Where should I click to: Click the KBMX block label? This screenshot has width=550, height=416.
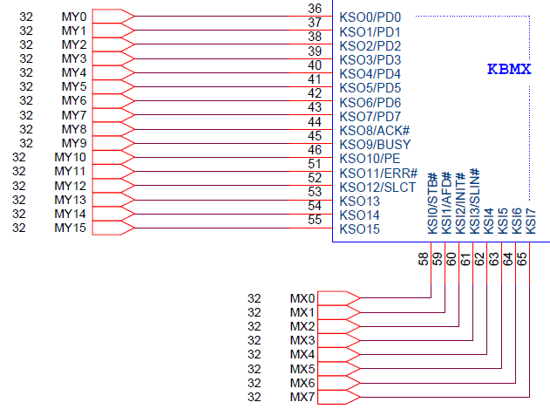pos(508,69)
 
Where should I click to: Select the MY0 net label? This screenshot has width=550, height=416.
pos(74,17)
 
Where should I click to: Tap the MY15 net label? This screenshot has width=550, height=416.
pos(70,228)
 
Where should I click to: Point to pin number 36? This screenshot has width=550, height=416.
pos(315,9)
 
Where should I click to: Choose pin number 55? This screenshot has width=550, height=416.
pos(315,220)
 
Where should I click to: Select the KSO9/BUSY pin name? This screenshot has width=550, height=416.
pos(374,144)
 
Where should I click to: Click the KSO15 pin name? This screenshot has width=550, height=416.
pos(359,228)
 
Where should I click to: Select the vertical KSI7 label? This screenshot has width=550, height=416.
pos(530,219)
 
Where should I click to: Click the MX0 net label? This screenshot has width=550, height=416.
pos(301,298)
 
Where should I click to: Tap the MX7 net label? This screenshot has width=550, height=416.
pos(301,397)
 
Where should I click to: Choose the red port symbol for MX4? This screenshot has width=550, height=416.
pos(340,354)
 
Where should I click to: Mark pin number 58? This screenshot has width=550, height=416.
pos(424,259)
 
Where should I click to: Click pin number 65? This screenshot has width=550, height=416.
pos(521,259)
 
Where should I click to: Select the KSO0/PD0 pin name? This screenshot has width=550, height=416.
pos(370,17)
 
